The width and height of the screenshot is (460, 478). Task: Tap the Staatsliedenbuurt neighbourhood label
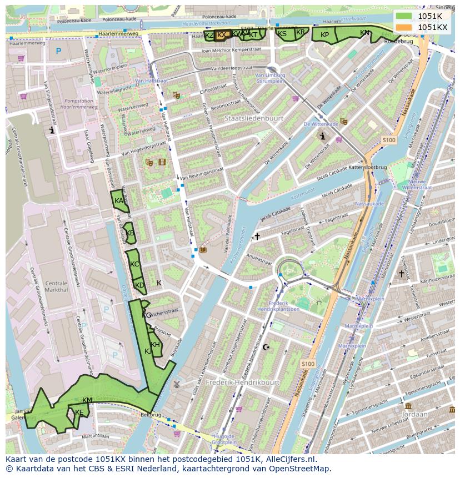pos(254,118)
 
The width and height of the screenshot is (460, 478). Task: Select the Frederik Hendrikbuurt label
pos(242,383)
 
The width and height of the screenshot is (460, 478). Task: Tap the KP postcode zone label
pos(325,34)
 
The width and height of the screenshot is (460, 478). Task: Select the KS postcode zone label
pos(282,34)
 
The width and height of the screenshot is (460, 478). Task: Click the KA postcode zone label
pos(118,200)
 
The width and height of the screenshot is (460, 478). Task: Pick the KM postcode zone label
pos(87,400)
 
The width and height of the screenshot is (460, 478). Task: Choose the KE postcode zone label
pos(79,412)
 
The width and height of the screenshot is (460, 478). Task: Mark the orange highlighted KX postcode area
pos(222,34)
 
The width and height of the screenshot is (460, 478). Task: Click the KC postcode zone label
pos(134,264)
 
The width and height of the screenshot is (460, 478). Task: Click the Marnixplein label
pos(355,298)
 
